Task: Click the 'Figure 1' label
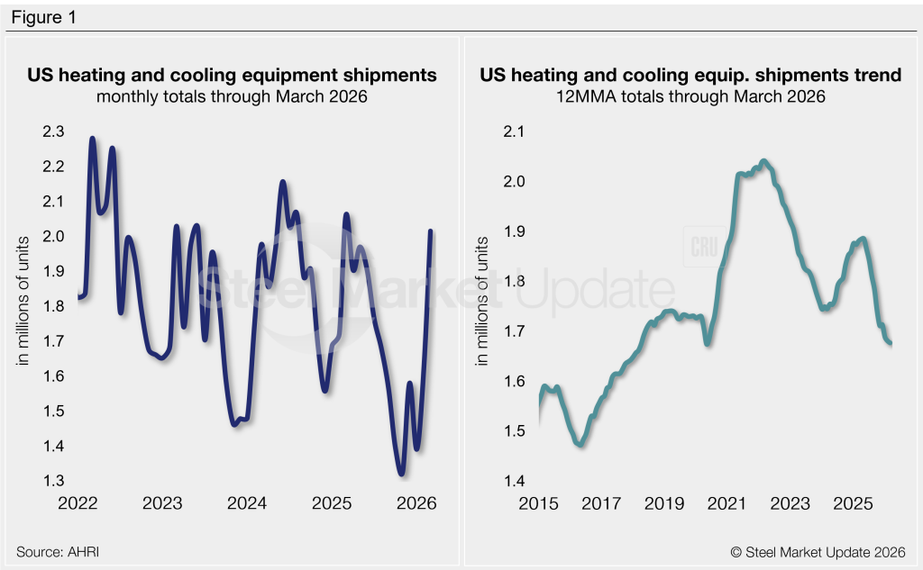tap(43, 18)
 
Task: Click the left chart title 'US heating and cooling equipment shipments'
tap(232, 76)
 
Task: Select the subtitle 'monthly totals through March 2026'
tap(232, 96)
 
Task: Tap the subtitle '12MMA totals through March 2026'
tap(690, 96)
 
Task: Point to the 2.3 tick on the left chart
tap(53, 131)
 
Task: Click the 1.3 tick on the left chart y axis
tap(53, 481)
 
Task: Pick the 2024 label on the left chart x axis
tap(247, 503)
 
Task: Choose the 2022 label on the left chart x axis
tap(78, 503)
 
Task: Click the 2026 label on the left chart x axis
tap(416, 503)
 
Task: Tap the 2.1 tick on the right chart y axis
tap(514, 131)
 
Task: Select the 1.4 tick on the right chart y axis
tap(514, 481)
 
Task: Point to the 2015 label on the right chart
tap(539, 503)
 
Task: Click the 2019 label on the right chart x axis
tap(664, 503)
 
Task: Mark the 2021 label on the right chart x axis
tap(727, 503)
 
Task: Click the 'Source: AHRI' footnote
tap(58, 552)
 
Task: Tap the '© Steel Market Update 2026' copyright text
tap(818, 552)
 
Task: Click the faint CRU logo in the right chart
tap(704, 247)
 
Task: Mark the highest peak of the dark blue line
tap(93, 139)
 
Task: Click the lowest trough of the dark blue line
tap(401, 473)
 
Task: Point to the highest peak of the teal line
tap(763, 161)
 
